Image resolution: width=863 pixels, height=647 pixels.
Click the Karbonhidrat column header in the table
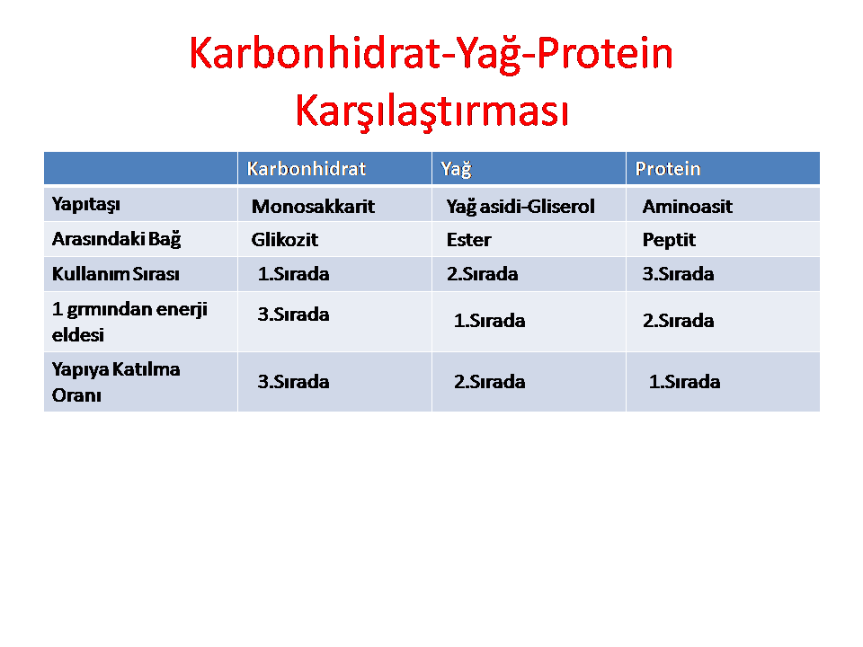click(x=306, y=168)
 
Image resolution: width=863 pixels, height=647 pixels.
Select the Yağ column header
click(x=457, y=169)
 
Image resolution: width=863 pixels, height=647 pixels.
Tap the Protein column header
click(x=668, y=168)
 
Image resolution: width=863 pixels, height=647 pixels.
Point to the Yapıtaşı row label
click(x=86, y=205)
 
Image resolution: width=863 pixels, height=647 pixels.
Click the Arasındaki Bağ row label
click(x=116, y=239)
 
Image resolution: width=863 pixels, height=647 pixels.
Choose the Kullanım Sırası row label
click(x=116, y=273)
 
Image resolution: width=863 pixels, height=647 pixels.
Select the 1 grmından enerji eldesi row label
click(x=129, y=322)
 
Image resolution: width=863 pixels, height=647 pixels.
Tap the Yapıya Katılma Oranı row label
click(x=116, y=382)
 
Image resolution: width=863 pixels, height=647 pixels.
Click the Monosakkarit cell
click(x=313, y=207)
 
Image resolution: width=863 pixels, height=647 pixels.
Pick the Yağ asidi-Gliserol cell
click(x=520, y=207)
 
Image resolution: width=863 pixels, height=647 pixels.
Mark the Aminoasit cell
click(x=687, y=207)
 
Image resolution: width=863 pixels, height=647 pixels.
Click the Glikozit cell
click(x=285, y=239)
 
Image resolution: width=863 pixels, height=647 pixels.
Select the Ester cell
click(x=468, y=239)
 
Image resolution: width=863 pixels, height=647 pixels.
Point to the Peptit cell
click(x=669, y=240)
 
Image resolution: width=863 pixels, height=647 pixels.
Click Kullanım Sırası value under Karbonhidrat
click(x=293, y=273)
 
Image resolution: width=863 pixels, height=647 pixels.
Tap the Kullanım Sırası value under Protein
click(x=678, y=273)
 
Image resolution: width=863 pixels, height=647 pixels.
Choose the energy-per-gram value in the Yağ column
click(x=489, y=320)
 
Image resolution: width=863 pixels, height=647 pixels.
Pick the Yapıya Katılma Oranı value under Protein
click(x=684, y=381)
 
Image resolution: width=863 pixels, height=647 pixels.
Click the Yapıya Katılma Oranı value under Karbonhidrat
click(x=293, y=381)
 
